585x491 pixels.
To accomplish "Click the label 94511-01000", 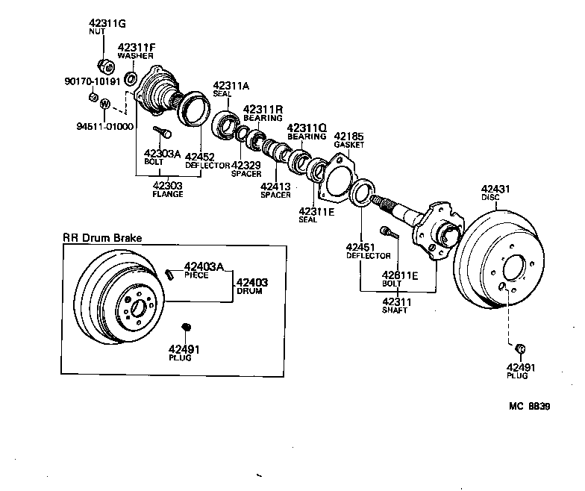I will tap(105, 126).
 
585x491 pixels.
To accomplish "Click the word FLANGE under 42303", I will tap(168, 193).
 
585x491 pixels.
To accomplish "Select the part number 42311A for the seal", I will tap(231, 85).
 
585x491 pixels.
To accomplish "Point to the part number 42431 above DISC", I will tap(495, 190).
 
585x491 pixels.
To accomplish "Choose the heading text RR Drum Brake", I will tap(101, 238).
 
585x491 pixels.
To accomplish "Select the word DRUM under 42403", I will tap(251, 292).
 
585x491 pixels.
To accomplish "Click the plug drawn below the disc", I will tap(521, 348).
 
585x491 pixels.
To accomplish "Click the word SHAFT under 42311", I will tap(395, 310).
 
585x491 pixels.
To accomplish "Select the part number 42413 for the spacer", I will tap(275, 186).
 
